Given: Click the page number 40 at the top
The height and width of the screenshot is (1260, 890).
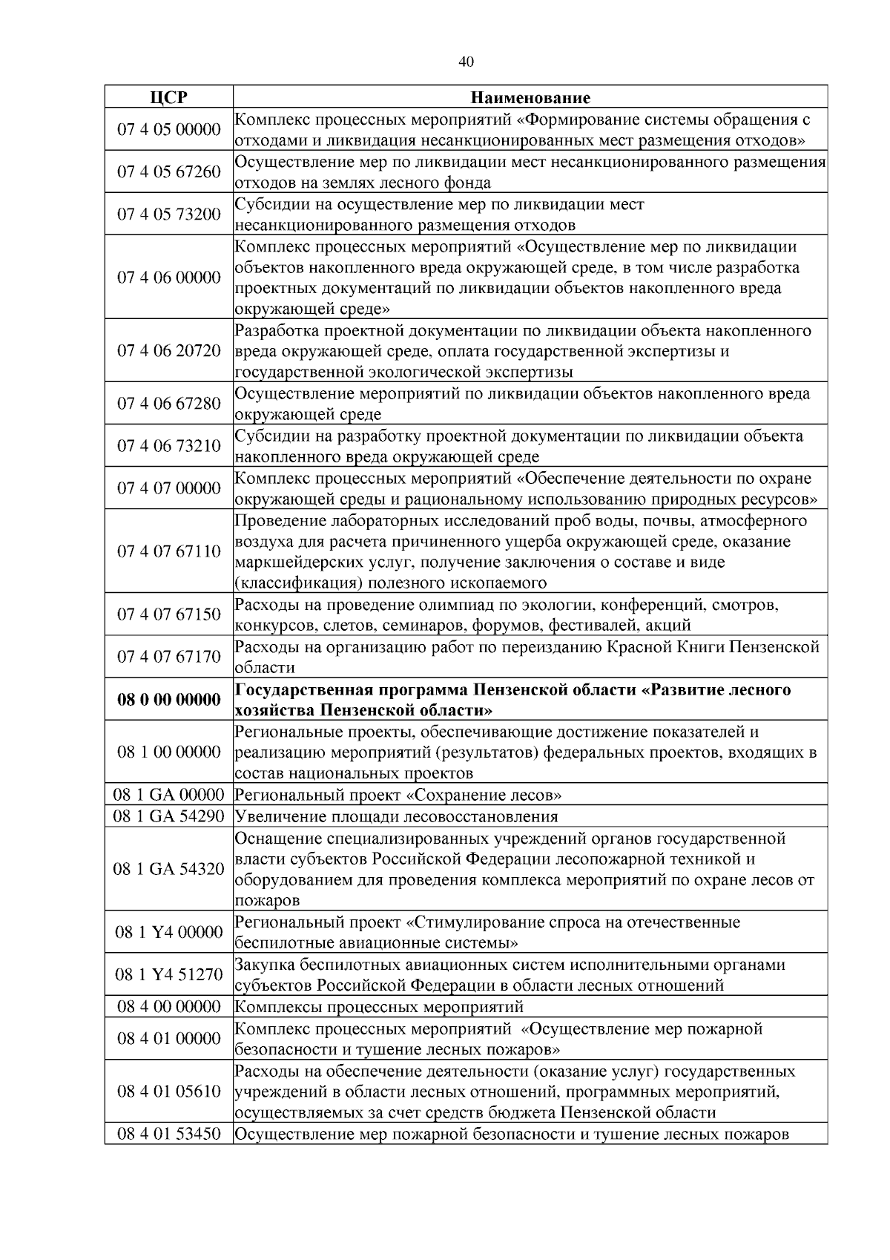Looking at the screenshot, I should (x=466, y=62).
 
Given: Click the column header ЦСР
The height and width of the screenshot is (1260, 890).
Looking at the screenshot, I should (x=168, y=97).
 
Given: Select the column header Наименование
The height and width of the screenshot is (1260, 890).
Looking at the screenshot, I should (x=530, y=97).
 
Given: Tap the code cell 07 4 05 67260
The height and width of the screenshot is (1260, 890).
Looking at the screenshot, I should (x=168, y=172).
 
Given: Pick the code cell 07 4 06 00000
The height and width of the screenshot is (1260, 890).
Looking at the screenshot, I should (x=168, y=278).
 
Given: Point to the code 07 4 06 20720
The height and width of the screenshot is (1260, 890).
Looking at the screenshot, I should (x=168, y=351).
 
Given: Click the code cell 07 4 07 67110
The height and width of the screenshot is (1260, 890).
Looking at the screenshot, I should (x=168, y=551).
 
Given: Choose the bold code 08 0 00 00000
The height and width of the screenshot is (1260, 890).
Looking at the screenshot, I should (x=168, y=700).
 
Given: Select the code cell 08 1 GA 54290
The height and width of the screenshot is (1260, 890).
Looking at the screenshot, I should (x=168, y=817).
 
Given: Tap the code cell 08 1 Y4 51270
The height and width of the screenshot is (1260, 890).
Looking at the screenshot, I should (x=168, y=975).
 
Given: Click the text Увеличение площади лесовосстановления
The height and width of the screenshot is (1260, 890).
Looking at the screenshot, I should (x=396, y=817).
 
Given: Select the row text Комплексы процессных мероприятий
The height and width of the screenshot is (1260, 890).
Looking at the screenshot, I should (x=379, y=1007).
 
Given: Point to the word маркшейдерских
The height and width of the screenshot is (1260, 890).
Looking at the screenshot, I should (x=291, y=562).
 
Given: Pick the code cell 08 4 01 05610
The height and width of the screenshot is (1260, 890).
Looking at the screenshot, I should (x=168, y=1092).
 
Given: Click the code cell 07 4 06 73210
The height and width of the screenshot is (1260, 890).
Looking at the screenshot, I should (x=168, y=446).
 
